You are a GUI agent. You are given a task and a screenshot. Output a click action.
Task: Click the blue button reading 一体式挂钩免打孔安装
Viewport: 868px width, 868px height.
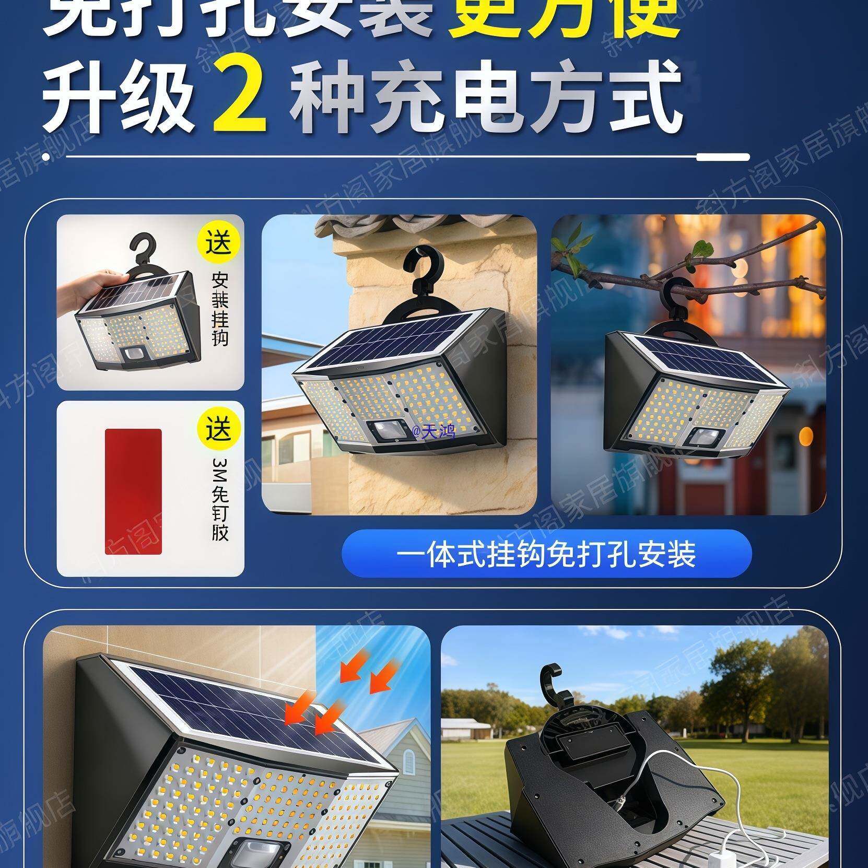[x=546, y=553]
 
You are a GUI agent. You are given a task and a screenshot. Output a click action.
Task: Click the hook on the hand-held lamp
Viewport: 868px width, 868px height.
[x=144, y=250]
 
